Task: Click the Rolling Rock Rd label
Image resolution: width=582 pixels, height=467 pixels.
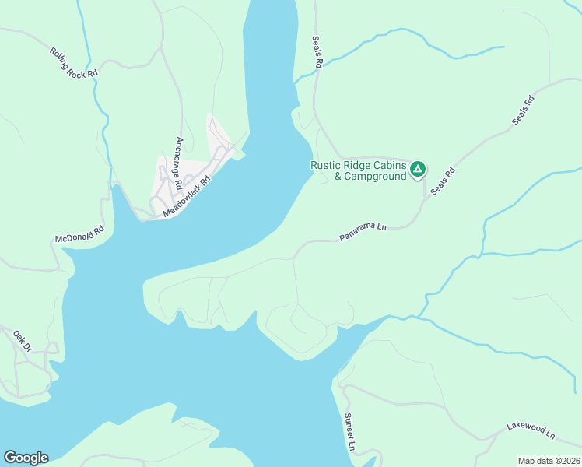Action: click(x=74, y=62)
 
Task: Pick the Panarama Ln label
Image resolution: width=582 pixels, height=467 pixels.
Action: click(x=363, y=231)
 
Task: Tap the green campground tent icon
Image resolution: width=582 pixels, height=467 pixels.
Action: click(x=418, y=168)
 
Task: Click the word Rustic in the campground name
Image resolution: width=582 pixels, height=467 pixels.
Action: click(x=327, y=165)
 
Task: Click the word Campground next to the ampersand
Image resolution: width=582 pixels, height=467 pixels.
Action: click(x=376, y=177)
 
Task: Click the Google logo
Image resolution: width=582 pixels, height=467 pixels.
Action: click(x=26, y=458)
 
